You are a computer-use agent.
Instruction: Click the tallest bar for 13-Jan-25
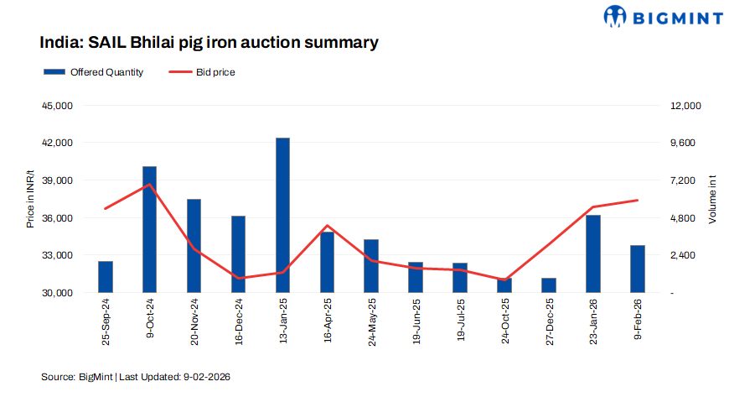click(x=282, y=215)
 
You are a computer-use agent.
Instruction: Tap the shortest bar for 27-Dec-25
click(x=549, y=285)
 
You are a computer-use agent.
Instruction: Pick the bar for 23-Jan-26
click(x=593, y=253)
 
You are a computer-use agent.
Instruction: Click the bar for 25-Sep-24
click(x=106, y=277)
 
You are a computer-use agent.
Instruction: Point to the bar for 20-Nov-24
click(x=194, y=246)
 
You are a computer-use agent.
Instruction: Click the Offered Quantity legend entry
click(x=93, y=72)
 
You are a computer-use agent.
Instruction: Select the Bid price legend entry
click(x=202, y=72)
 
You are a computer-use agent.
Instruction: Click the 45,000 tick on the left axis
click(x=58, y=106)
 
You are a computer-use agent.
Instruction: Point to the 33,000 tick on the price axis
click(x=58, y=255)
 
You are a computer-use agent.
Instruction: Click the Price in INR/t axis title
click(x=30, y=198)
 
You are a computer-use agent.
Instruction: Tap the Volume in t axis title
click(x=712, y=199)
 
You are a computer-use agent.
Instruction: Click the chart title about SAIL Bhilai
click(x=209, y=41)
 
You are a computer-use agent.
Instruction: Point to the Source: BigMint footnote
click(x=135, y=377)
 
